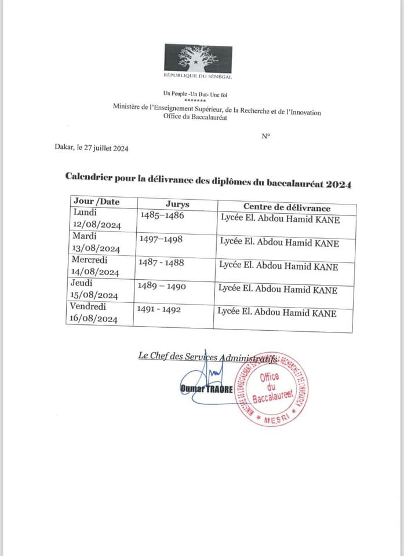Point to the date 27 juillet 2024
coord(106,148)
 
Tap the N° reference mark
coord(265,137)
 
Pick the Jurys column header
coord(177,204)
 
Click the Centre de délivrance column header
coord(286,207)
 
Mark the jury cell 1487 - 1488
coord(161,262)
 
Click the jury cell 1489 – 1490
coord(160,286)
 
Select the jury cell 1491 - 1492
coord(159,309)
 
